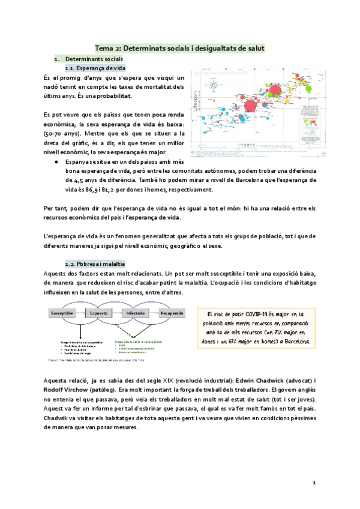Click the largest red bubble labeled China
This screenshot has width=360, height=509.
click(275, 91)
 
